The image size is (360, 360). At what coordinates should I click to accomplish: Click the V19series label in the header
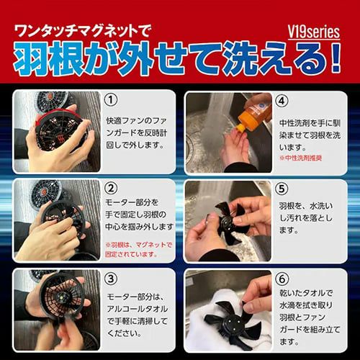(x=314, y=32)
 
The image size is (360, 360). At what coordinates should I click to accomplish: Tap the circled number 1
(x=111, y=99)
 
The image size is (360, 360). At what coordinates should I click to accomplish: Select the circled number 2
(x=111, y=189)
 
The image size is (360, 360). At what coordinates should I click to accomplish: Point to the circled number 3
(x=111, y=279)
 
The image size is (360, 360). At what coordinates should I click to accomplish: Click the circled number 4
(x=282, y=101)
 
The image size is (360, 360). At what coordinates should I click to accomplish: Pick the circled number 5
(x=282, y=189)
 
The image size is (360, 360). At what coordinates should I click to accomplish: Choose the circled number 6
(x=282, y=279)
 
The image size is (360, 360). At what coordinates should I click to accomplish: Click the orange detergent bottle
(x=254, y=112)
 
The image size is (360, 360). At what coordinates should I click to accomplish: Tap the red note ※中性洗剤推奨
(x=301, y=158)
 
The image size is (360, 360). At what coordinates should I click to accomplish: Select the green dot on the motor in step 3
(x=62, y=298)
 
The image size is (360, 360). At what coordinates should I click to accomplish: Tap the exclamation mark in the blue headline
(x=336, y=58)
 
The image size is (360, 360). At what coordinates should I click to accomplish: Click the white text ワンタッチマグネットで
(x=82, y=31)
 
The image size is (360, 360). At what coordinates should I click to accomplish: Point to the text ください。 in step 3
(x=125, y=333)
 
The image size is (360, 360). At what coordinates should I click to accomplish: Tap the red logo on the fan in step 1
(x=60, y=138)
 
